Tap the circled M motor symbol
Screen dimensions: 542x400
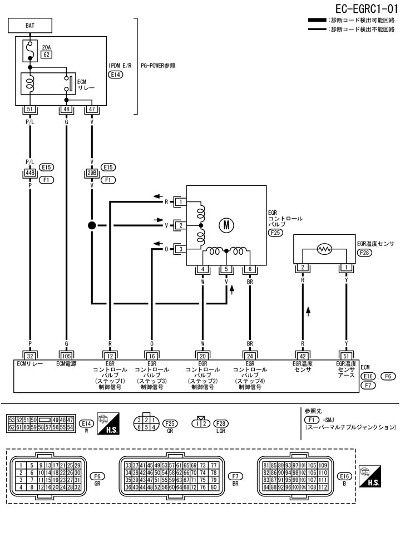[x=226, y=225]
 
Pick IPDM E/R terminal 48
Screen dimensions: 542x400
[x=66, y=110]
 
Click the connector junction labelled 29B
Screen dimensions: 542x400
[x=91, y=173]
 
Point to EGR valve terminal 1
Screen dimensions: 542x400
[x=180, y=201]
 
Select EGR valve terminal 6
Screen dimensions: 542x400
[x=250, y=270]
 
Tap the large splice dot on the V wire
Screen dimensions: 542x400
[x=91, y=225]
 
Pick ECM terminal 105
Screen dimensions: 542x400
[x=66, y=356]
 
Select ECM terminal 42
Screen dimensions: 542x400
[x=302, y=356]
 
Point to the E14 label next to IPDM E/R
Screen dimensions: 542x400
[x=116, y=74]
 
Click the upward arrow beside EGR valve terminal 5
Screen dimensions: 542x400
[x=232, y=289]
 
